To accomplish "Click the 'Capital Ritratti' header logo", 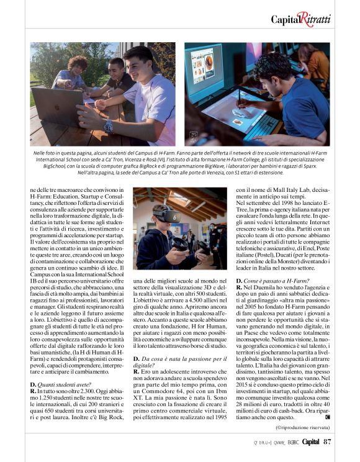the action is point(301,19).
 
